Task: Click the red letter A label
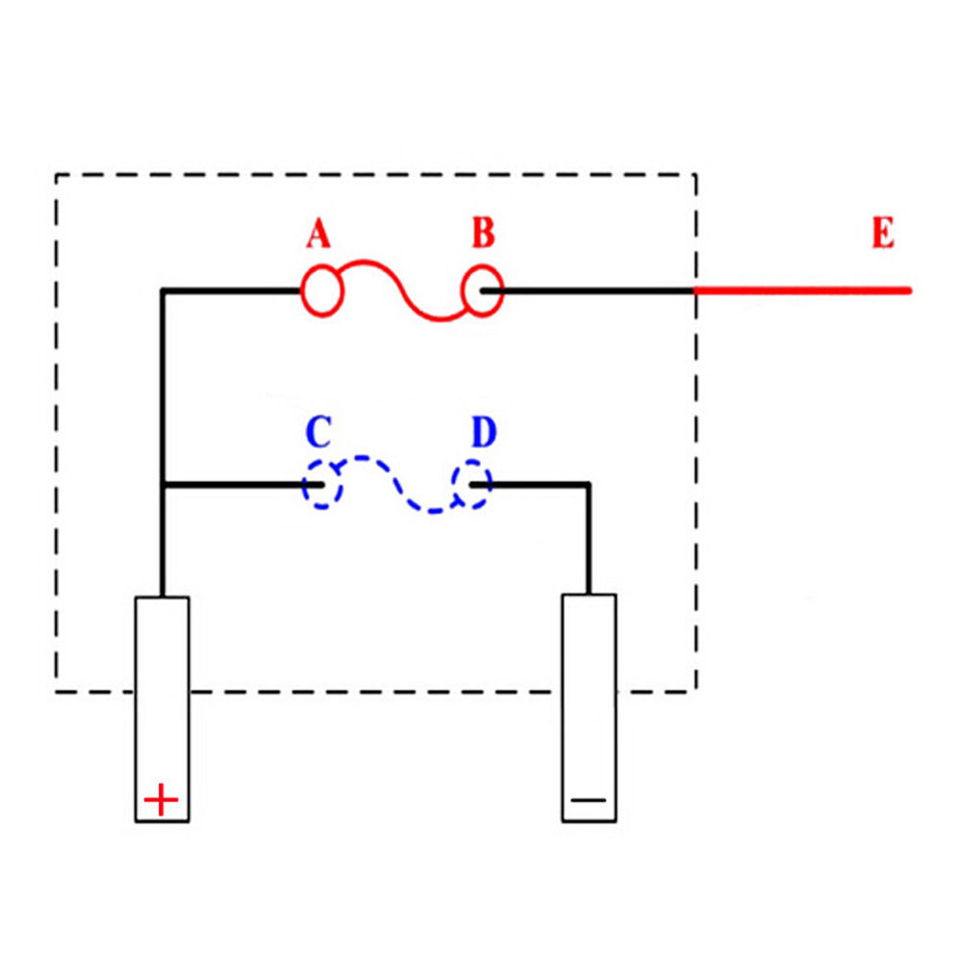pyautogui.click(x=318, y=236)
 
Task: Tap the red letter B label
pyautogui.click(x=483, y=234)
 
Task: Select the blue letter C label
pyautogui.click(x=318, y=434)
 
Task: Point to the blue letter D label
pyautogui.click(x=483, y=434)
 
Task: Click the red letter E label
pyautogui.click(x=882, y=234)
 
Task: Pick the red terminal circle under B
pyautogui.click(x=482, y=290)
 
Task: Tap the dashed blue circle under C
pyautogui.click(x=322, y=485)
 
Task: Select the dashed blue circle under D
pyautogui.click(x=472, y=484)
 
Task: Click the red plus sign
pyautogui.click(x=161, y=799)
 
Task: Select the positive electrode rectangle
pyautogui.click(x=162, y=709)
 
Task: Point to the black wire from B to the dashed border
pyautogui.click(x=596, y=290)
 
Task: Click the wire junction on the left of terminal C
pyautogui.click(x=164, y=485)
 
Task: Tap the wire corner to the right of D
pyautogui.click(x=588, y=485)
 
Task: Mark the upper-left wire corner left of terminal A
pyautogui.click(x=164, y=290)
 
